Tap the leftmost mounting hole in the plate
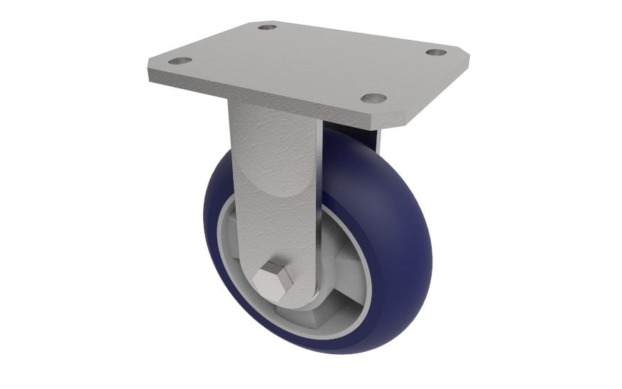point(180,61)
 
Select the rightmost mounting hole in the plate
point(436,52)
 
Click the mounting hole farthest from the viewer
point(267,27)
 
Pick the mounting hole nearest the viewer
point(373,97)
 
